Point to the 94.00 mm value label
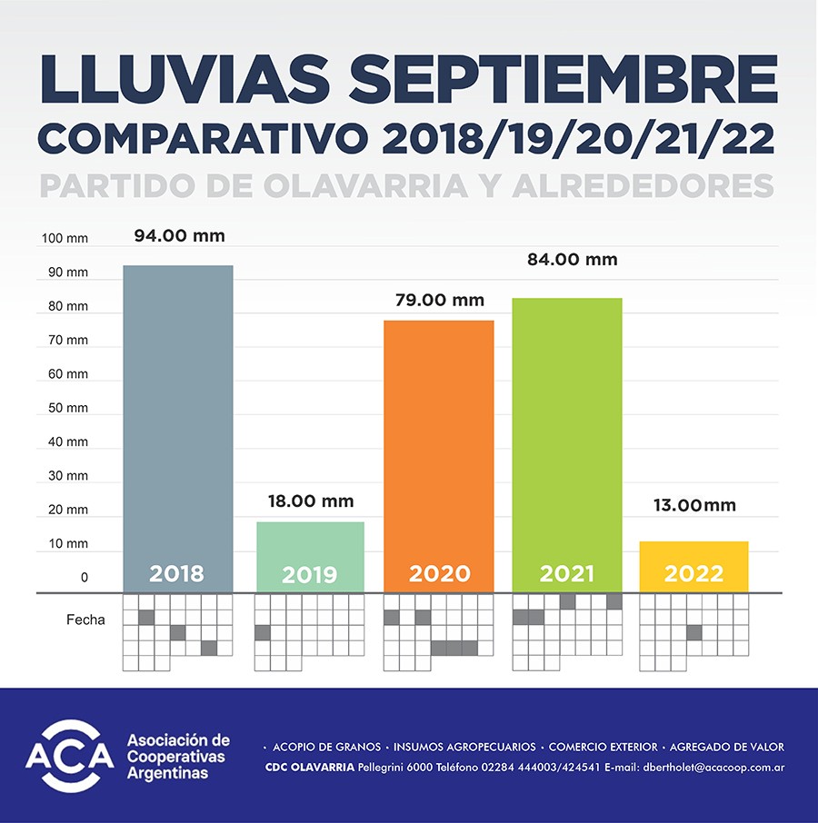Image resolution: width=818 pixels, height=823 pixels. coord(179,236)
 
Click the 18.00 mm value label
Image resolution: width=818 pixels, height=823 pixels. coord(310,501)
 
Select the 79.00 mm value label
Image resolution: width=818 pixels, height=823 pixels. coord(439,301)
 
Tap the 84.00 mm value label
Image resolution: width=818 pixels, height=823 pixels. coord(572,260)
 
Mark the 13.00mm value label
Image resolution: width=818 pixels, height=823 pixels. coord(694,506)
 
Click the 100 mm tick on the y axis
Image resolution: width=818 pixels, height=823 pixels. coord(65,239)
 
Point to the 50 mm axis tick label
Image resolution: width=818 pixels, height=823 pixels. coord(67,408)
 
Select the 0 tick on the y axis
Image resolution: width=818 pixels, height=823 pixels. coord(84,578)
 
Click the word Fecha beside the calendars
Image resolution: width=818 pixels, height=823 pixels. coord(85,620)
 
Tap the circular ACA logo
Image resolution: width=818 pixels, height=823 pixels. coord(69,756)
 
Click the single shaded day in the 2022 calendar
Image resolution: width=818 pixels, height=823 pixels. coord(694,632)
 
